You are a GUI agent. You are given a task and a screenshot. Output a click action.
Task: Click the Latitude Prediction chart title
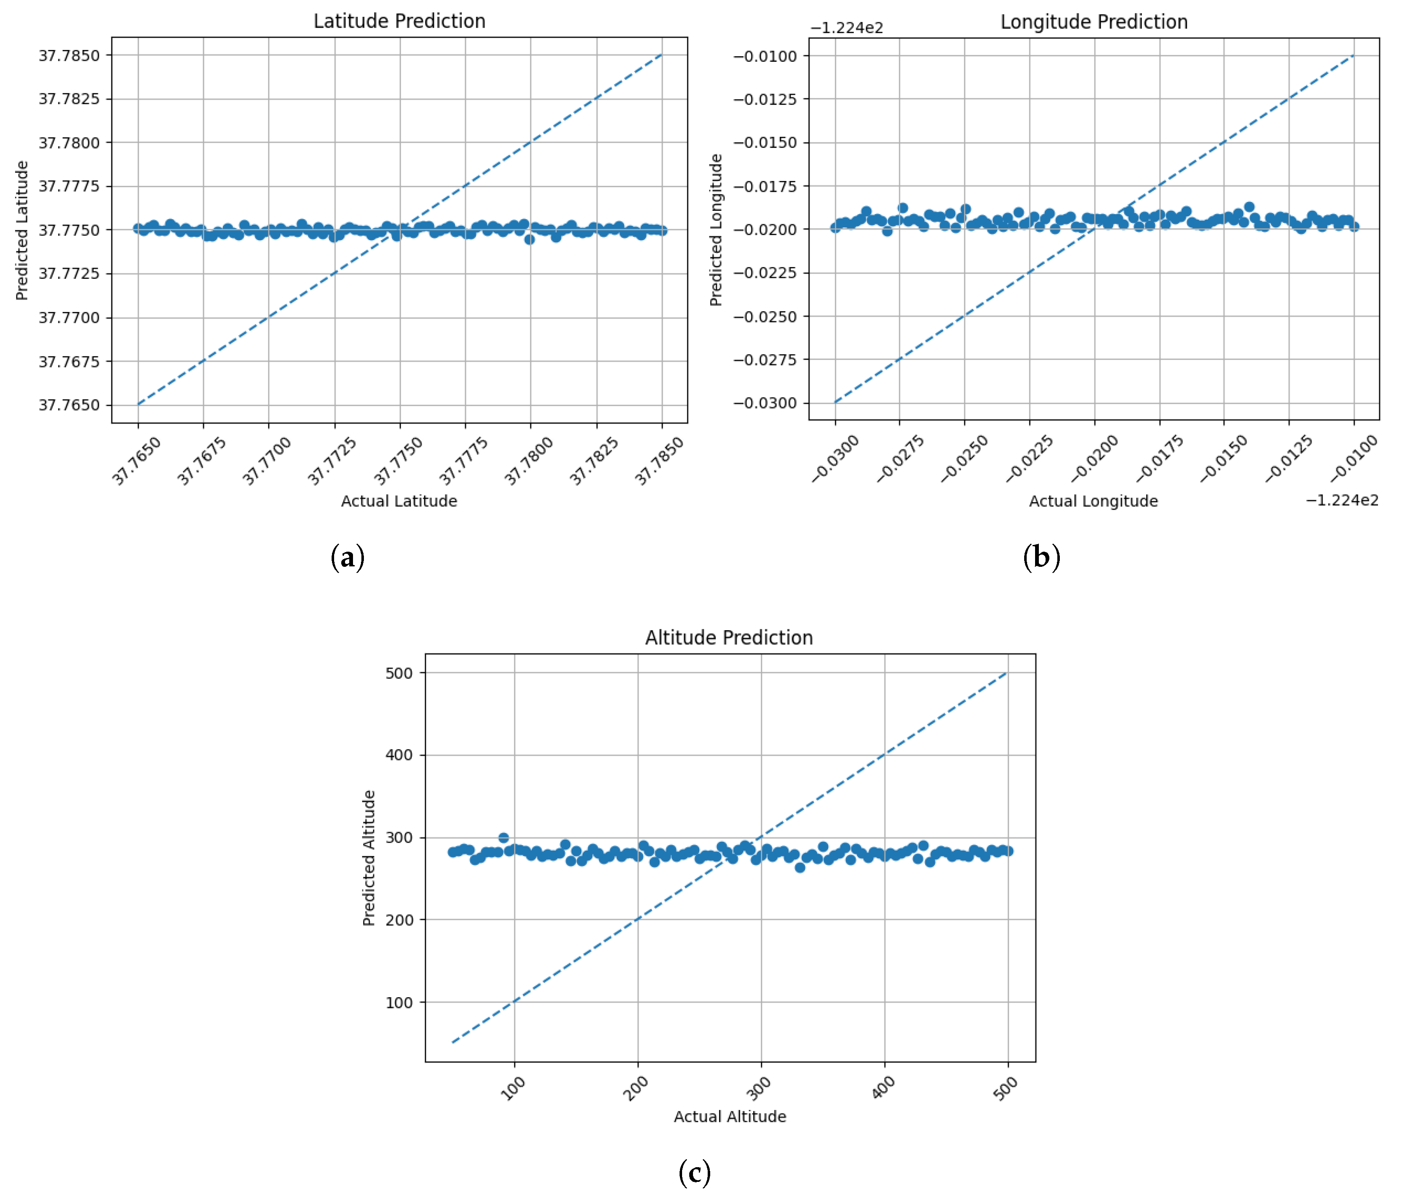399,21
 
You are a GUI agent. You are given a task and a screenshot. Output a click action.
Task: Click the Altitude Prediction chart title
728,637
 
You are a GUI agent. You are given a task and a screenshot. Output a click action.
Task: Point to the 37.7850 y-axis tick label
68,56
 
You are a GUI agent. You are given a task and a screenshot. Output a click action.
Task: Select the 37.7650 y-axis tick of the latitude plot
68,405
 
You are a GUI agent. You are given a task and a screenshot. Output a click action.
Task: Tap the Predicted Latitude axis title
22,230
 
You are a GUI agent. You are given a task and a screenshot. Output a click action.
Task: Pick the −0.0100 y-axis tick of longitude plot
765,56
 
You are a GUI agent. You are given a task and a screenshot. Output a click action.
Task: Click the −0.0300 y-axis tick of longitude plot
765,403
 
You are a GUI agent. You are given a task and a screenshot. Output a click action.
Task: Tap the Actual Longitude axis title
1093,501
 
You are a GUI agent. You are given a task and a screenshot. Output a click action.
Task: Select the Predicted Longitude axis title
715,230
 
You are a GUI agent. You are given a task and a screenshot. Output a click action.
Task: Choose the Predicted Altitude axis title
369,858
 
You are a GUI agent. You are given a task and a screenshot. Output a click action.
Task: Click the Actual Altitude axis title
730,1116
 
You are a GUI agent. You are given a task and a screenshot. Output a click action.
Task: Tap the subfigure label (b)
1041,557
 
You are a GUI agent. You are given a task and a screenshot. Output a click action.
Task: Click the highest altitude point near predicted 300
503,837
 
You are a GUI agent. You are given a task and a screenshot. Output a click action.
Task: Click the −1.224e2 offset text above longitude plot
846,28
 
